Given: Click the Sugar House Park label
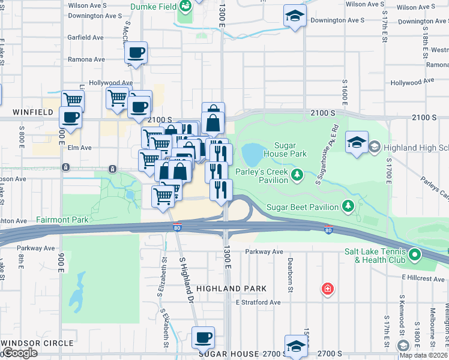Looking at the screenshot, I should coord(290,149).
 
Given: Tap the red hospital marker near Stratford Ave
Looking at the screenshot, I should coord(327,289).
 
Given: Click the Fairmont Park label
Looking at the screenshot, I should coord(62,220).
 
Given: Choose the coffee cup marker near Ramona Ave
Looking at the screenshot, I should coord(137,53).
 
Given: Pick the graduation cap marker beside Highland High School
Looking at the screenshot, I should coord(357,143).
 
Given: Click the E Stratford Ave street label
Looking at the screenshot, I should coord(258,302).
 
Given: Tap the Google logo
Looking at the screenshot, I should coord(20,353).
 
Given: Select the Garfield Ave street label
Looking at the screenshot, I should coord(86,37).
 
